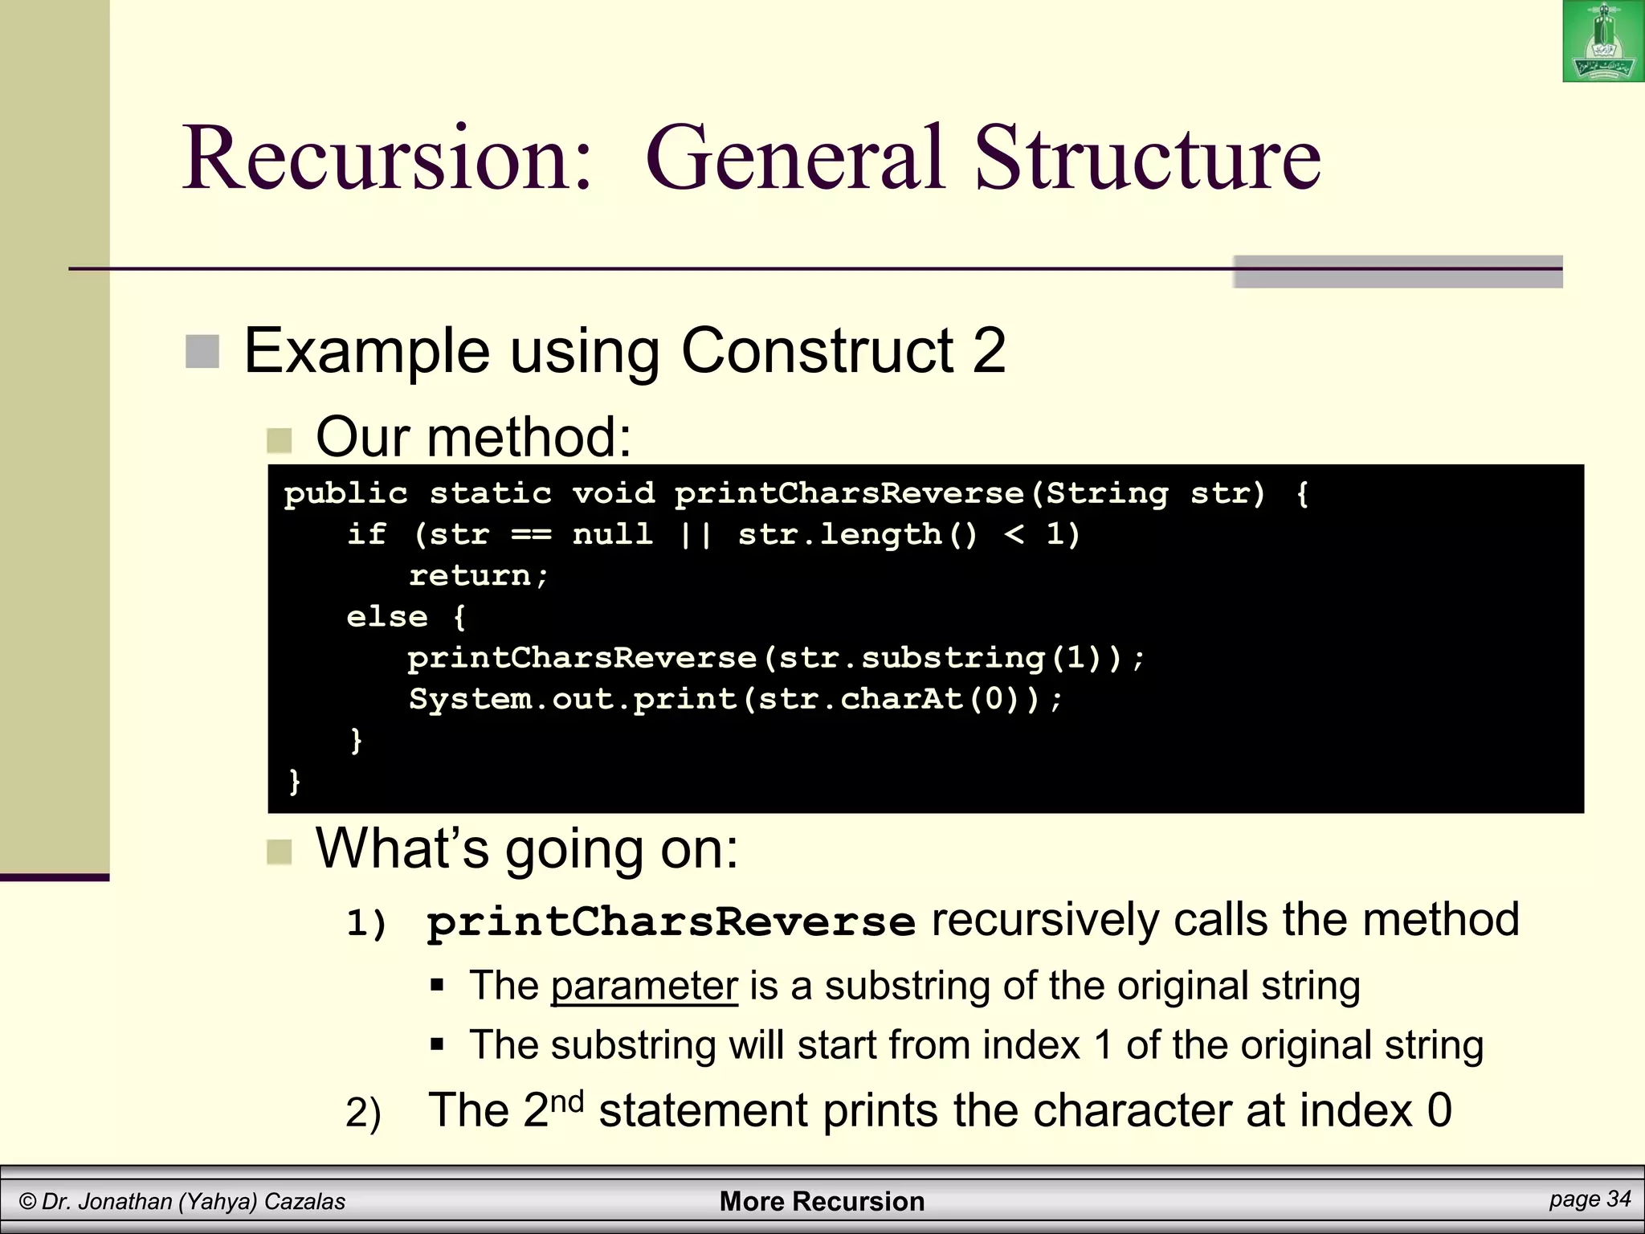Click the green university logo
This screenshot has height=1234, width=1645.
[1602, 41]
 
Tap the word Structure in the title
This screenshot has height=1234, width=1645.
[1147, 157]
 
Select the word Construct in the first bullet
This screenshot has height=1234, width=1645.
[816, 351]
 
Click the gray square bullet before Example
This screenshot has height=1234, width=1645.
[202, 352]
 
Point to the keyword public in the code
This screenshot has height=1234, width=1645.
[345, 493]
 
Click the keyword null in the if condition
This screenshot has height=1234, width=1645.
[613, 534]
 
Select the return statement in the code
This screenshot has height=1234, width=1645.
[479, 576]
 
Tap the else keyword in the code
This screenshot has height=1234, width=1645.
[386, 617]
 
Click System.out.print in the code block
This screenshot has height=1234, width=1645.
[573, 699]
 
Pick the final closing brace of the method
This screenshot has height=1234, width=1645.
[294, 781]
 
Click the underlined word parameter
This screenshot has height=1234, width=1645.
[644, 986]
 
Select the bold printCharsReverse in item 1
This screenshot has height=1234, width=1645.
[671, 921]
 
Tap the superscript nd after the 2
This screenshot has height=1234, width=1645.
[567, 1100]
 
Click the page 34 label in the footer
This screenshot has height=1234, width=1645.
[1590, 1199]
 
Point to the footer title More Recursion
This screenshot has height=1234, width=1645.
[822, 1201]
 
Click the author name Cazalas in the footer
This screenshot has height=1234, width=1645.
[304, 1201]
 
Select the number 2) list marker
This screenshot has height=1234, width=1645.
[363, 1113]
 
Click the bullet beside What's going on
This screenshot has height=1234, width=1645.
[279, 852]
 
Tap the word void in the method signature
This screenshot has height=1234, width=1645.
[614, 493]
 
